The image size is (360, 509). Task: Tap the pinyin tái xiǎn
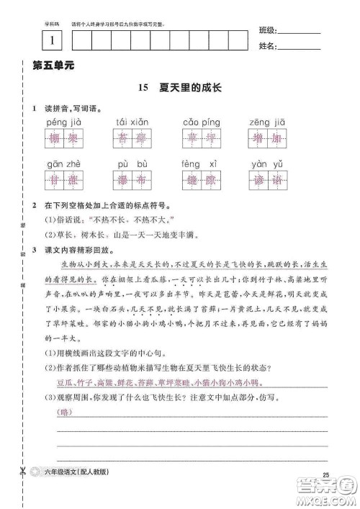tap(131, 124)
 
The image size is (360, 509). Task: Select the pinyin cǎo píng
tap(200, 124)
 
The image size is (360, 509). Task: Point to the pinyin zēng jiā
tap(269, 124)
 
